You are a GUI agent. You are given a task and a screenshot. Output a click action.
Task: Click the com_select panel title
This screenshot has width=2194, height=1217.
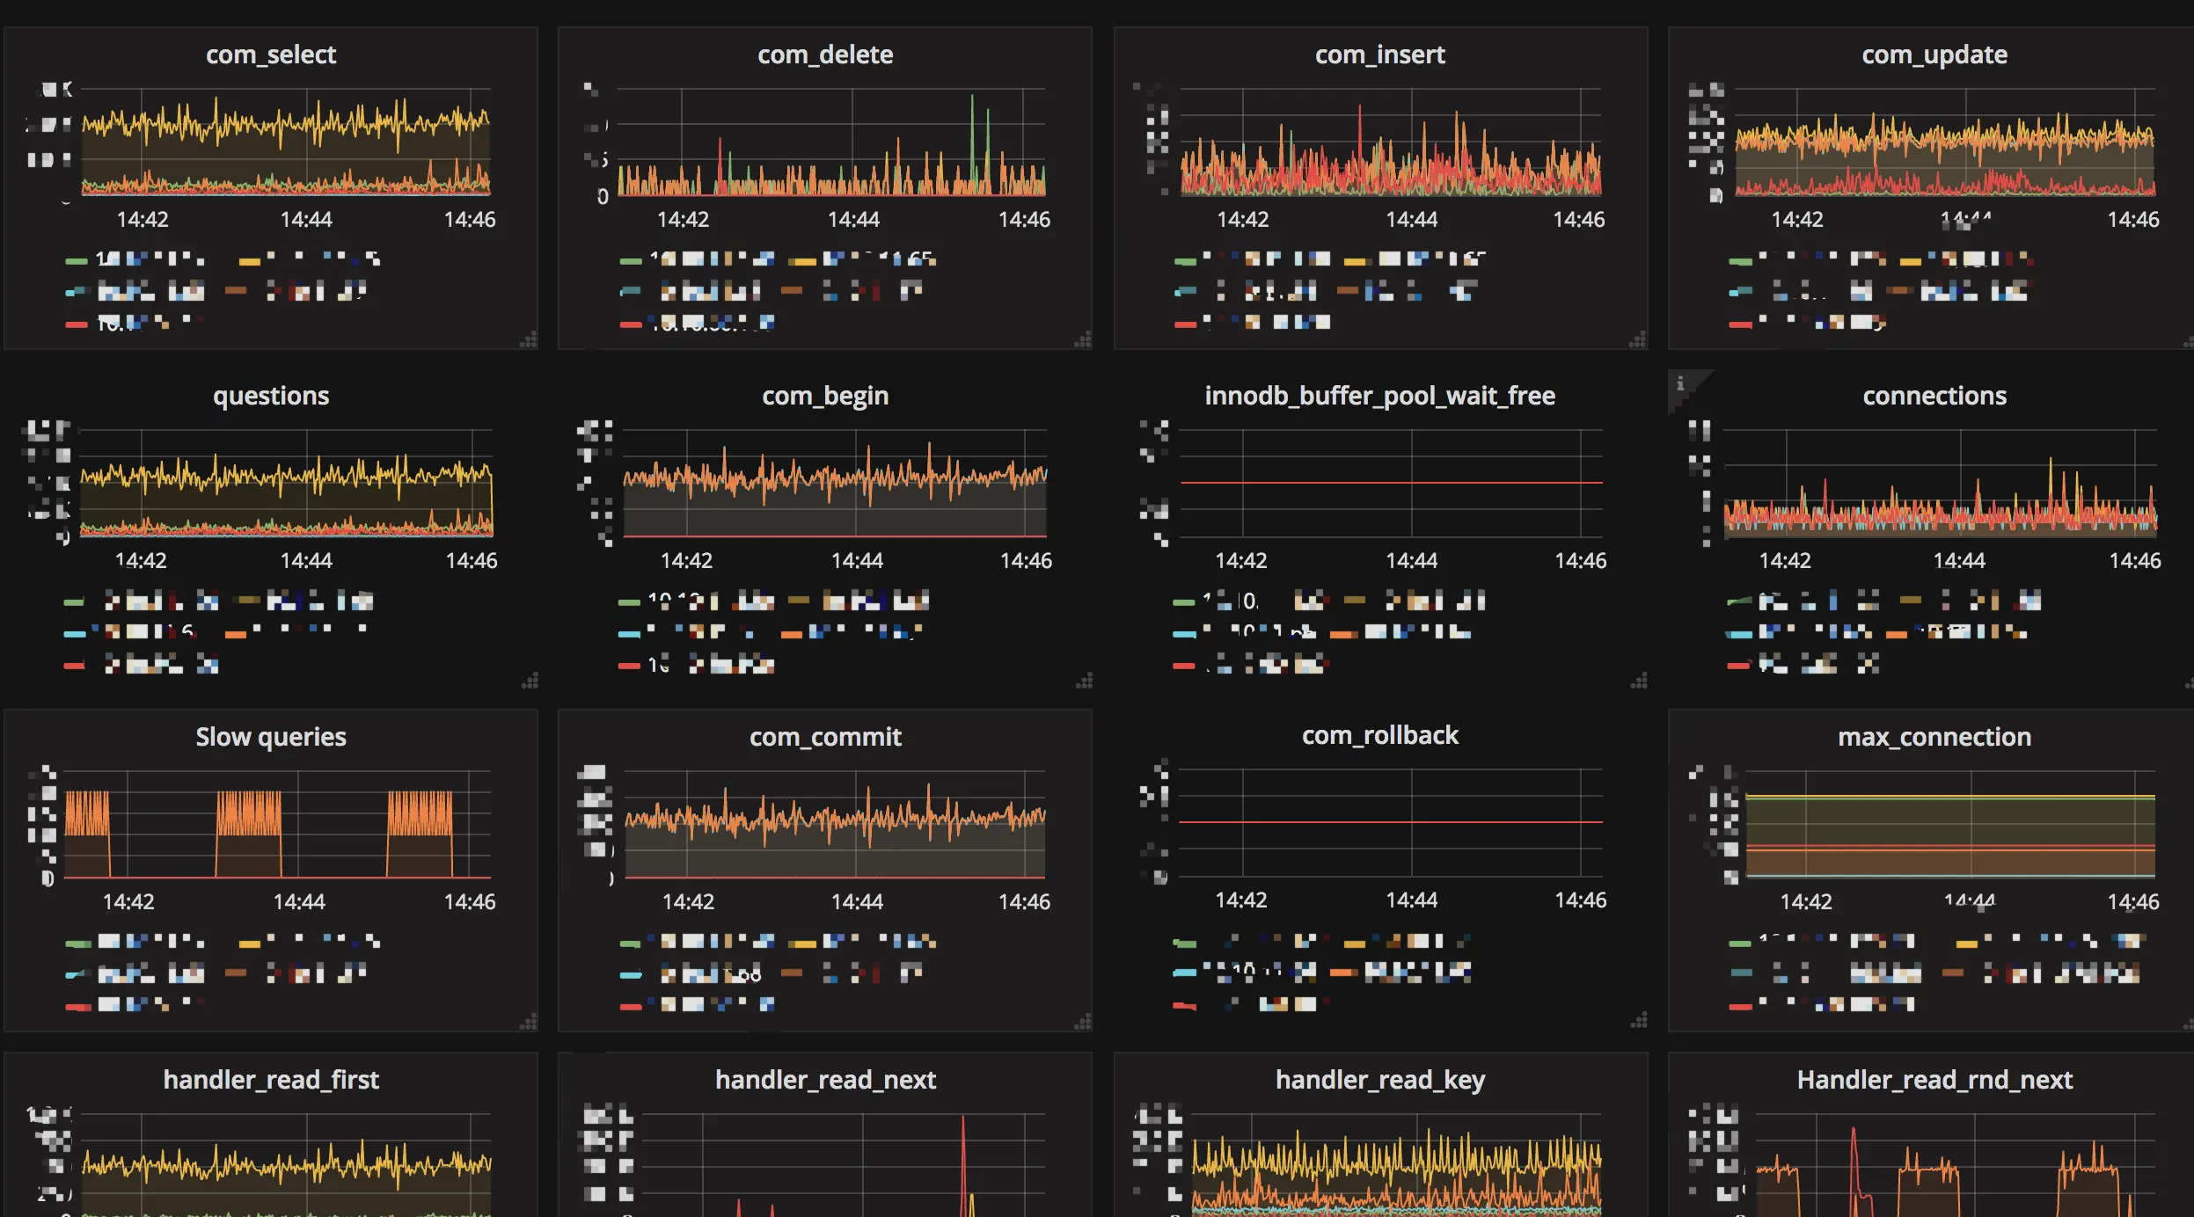coord(271,55)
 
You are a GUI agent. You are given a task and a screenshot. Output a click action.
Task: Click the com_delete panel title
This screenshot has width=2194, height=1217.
coord(825,55)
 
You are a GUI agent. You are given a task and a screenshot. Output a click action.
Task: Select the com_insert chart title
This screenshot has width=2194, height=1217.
coord(1379,55)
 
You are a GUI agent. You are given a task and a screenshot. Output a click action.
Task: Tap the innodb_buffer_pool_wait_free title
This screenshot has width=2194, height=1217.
coord(1379,396)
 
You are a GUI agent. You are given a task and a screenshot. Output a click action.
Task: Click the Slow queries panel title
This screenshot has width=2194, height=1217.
coord(271,737)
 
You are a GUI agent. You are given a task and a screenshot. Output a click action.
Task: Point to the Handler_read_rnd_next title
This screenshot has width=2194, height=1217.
coord(1934,1080)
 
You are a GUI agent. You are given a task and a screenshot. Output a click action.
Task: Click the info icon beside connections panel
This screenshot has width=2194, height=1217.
coord(1680,383)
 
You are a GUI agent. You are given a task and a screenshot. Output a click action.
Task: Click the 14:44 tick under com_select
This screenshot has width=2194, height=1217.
coord(306,220)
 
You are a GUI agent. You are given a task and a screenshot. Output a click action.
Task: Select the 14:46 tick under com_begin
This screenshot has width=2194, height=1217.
coord(1026,561)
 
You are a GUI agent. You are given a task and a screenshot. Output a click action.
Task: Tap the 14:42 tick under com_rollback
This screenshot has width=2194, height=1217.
coord(1240,900)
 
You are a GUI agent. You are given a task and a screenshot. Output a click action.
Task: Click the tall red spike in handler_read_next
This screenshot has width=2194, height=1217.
coord(963,1143)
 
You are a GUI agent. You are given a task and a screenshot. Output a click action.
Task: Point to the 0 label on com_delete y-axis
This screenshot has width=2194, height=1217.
coord(603,197)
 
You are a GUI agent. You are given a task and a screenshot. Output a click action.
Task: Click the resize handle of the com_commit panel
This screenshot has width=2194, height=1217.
coord(1084,1022)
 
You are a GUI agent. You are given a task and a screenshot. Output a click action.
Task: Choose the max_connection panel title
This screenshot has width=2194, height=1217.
coord(1934,737)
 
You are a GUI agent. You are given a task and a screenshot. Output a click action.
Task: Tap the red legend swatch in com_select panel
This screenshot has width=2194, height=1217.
coord(77,324)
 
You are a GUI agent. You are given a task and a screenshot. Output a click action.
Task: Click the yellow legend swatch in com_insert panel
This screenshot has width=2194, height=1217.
coord(1355,261)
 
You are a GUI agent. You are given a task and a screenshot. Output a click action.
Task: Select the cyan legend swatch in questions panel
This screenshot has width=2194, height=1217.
coord(75,633)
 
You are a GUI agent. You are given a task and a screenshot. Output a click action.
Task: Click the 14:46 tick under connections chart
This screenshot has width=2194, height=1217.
coord(2134,561)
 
